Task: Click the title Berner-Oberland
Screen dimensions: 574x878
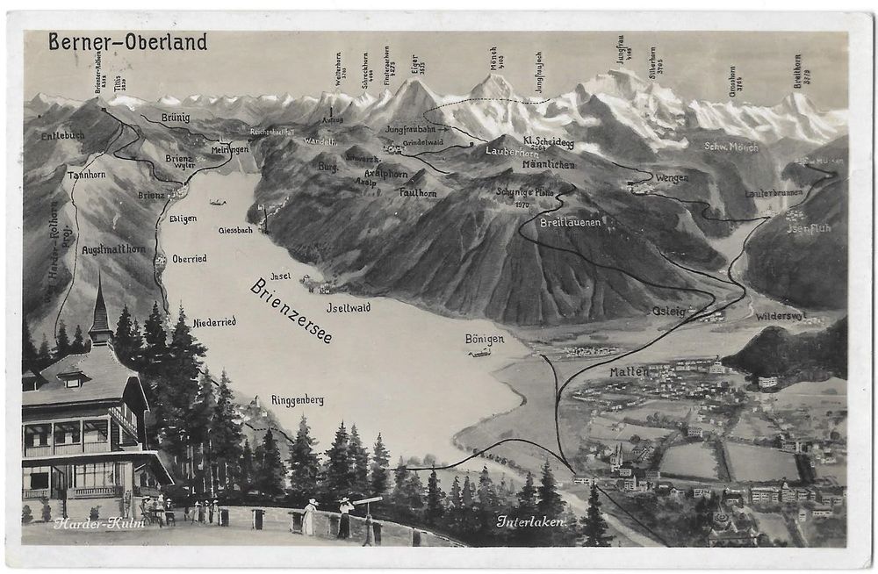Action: coord(127,42)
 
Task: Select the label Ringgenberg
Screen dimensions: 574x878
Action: coord(297,400)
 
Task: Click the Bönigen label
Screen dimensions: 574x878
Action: coord(485,339)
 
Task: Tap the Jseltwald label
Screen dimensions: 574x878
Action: coord(348,307)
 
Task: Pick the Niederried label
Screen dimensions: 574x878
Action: coord(214,322)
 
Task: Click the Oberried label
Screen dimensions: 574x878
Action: coord(189,258)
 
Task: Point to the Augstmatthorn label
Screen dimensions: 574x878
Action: coord(113,249)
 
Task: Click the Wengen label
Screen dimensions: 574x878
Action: coord(672,177)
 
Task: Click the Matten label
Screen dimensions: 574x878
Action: coord(629,371)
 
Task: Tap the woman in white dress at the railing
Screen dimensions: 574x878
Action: coord(309,517)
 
